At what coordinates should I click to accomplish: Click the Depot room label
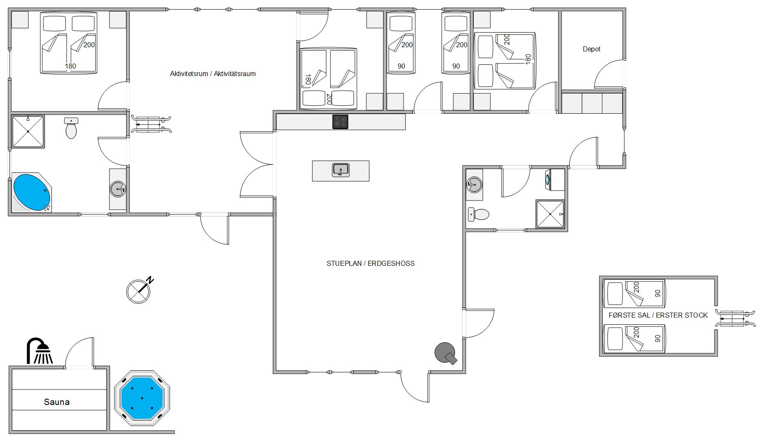[592, 49]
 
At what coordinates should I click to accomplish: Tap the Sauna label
[57, 402]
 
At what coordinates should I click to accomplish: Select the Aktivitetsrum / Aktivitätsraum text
[213, 74]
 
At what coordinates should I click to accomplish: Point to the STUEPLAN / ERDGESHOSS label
[371, 263]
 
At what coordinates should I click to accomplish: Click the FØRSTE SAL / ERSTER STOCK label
[658, 315]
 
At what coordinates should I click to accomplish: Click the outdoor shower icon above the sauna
[40, 351]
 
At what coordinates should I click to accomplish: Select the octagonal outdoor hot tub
[142, 398]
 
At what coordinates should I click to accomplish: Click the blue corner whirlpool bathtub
[31, 192]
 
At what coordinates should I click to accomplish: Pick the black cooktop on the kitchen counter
[340, 122]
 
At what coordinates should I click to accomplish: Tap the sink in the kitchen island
[341, 170]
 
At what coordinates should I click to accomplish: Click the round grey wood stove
[446, 354]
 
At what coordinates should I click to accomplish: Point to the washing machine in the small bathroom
[555, 180]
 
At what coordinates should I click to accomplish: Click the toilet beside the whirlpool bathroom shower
[71, 128]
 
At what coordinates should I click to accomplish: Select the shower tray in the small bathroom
[550, 214]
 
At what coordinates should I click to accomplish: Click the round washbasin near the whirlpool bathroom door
[118, 189]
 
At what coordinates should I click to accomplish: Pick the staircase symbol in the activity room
[151, 124]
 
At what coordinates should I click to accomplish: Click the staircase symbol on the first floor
[735, 318]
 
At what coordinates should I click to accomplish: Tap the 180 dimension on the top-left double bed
[71, 66]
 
